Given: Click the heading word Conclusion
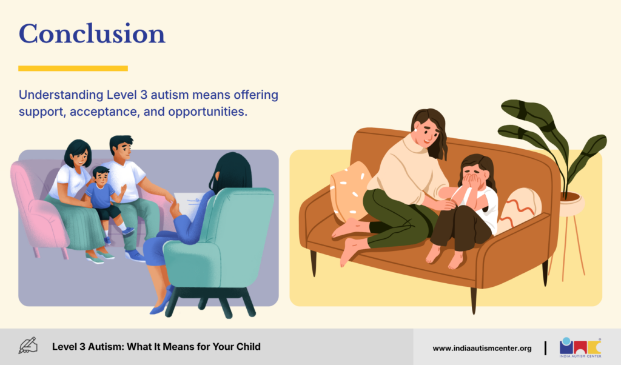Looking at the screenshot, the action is (92, 33).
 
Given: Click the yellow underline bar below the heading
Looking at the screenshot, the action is (73, 69).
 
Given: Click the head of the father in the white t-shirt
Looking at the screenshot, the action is (122, 148).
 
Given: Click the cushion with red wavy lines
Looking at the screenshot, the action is (519, 210).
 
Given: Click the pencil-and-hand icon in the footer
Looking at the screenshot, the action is (28, 346).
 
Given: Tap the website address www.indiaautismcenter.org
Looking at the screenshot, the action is (482, 349).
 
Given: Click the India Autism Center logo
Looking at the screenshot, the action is (580, 347).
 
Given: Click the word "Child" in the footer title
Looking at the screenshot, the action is (248, 346).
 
